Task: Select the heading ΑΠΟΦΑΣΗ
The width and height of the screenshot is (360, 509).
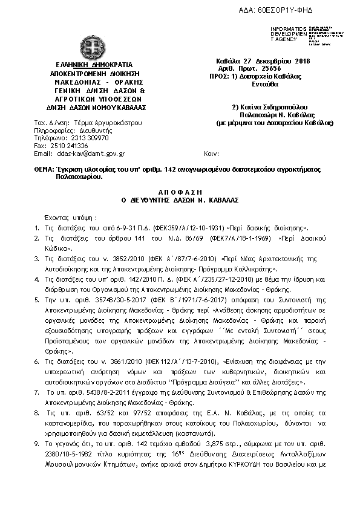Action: pos(179,190)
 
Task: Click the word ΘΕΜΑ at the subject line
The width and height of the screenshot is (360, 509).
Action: pos(43,171)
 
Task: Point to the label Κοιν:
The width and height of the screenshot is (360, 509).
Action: pos(211,154)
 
